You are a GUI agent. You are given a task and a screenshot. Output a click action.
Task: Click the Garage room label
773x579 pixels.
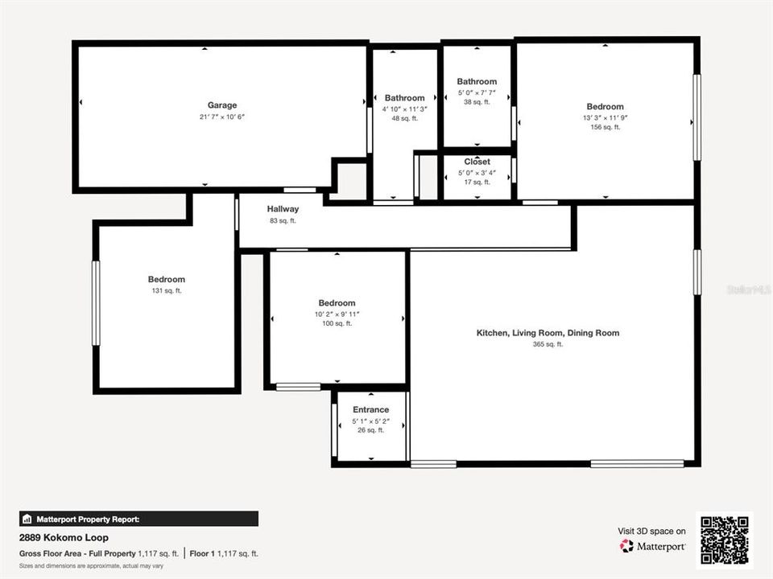222,105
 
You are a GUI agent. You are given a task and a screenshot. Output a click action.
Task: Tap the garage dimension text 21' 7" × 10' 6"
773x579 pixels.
222,117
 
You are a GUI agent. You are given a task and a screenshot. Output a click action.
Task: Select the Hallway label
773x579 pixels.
283,209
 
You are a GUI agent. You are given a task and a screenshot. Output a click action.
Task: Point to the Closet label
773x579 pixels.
477,162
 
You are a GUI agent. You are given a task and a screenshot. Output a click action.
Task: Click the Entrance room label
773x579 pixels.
370,410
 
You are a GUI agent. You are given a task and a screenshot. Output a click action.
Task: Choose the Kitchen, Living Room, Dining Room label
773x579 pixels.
548,333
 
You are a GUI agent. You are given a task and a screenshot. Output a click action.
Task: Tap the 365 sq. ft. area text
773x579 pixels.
548,344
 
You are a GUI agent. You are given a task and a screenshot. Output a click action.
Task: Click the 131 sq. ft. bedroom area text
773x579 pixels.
166,291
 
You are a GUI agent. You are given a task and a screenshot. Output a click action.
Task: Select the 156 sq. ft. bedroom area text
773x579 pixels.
605,127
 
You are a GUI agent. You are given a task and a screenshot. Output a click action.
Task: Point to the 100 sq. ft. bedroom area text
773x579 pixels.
337,324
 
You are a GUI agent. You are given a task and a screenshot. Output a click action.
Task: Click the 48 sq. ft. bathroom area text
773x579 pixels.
404,119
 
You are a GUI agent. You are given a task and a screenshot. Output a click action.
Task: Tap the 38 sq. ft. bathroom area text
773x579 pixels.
477,102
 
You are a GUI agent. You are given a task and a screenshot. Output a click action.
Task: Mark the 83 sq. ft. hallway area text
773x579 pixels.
283,220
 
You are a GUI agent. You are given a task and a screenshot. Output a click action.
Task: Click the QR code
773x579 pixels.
725,540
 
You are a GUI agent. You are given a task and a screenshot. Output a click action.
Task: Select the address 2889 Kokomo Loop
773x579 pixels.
64,537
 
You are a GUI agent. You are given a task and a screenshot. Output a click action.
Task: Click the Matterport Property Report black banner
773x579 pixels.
138,519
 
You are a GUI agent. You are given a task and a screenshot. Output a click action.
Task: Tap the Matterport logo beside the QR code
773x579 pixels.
652,546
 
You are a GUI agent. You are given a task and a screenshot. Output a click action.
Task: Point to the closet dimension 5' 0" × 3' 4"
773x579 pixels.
477,172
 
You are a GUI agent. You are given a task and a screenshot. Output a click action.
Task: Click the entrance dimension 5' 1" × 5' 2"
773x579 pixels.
370,421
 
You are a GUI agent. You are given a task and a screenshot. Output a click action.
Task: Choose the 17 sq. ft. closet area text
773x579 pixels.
477,182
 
